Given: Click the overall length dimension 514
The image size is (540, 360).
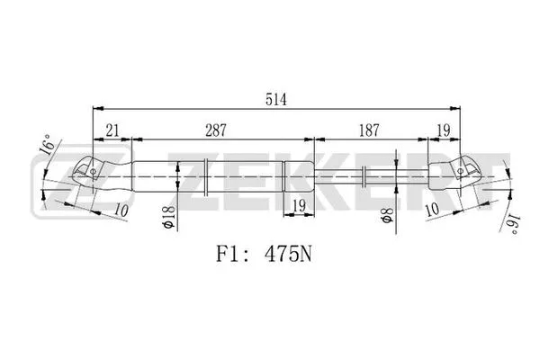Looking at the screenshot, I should click(277, 99).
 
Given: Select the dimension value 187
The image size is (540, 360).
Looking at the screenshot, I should click(369, 130).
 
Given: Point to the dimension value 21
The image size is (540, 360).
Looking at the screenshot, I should click(112, 130).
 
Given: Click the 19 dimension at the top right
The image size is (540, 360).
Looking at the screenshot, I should click(443, 130).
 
